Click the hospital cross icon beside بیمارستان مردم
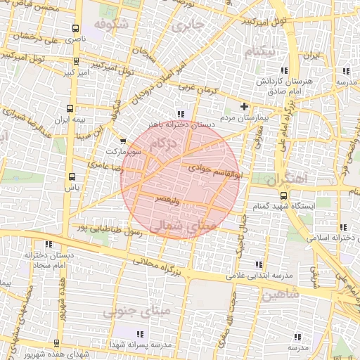tap(244, 107)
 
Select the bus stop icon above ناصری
tap(75, 29)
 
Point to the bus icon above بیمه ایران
tap(69, 108)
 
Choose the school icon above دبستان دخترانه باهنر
tap(181, 114)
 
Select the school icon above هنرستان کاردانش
tap(284, 71)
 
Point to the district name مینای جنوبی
tap(128, 310)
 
